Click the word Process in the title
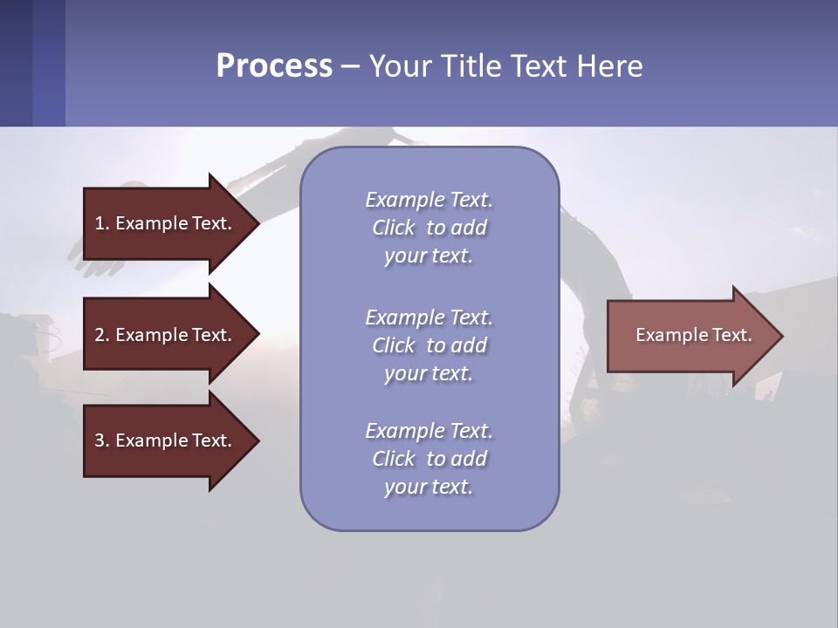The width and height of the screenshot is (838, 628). point(274,65)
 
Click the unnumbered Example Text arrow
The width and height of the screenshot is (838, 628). point(690,335)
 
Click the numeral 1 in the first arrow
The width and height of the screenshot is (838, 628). point(100,223)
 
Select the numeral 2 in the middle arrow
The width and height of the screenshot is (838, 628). point(100,335)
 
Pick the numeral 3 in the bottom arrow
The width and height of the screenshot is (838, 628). point(100,440)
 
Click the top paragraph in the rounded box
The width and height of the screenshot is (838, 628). point(429,228)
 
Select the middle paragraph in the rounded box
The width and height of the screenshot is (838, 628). point(429,345)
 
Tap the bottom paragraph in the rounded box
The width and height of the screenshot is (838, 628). point(429,459)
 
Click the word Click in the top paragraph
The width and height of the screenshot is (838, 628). point(394,228)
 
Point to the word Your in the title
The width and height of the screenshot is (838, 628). point(398,65)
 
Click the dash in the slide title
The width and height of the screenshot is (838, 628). point(351,66)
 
